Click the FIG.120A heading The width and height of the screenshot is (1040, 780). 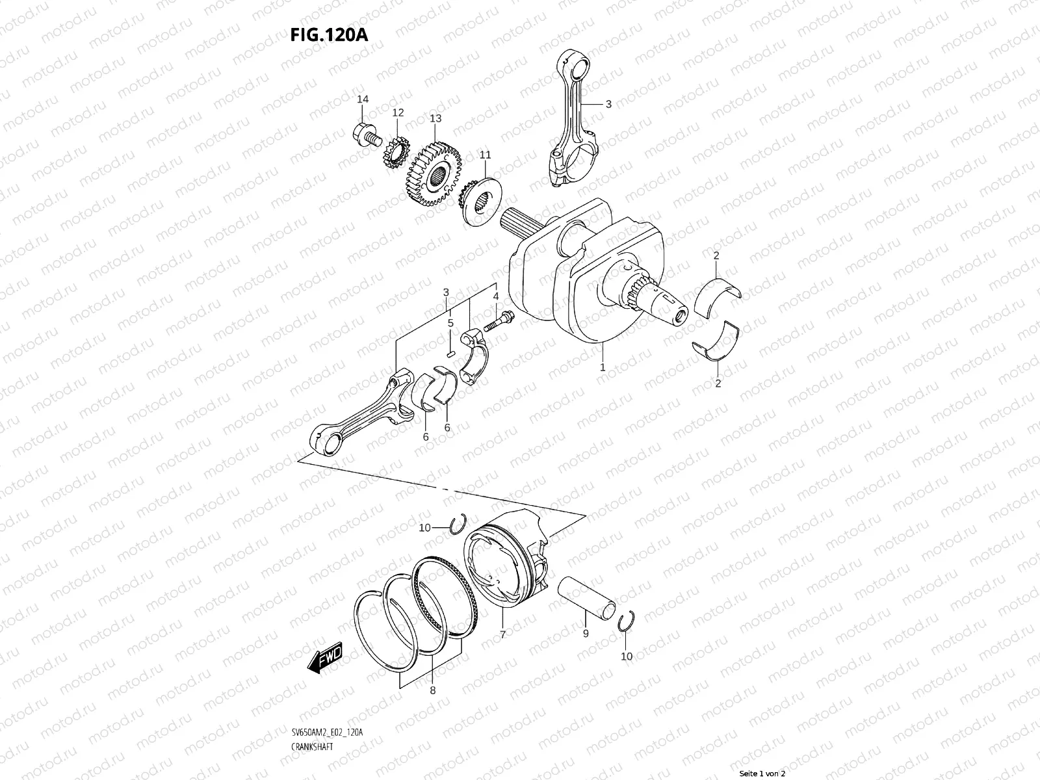(x=329, y=34)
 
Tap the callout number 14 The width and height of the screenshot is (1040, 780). (x=363, y=99)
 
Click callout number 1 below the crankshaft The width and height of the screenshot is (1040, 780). (x=603, y=367)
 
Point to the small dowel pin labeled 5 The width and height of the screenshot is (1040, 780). (x=450, y=353)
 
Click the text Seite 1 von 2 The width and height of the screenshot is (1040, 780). (x=762, y=773)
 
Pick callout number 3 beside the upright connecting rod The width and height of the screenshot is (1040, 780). (x=608, y=103)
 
